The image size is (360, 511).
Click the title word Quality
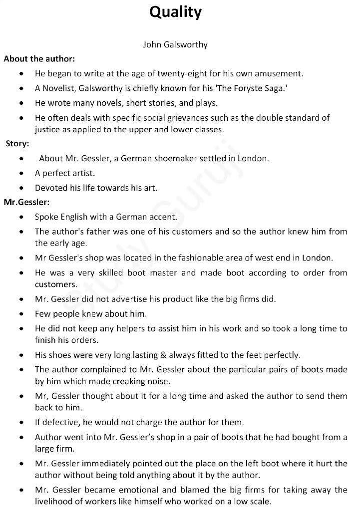175,12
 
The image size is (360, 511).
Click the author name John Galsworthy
175,44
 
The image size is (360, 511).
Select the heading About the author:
39,59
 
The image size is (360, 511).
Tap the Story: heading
17,144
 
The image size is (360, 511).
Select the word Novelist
58,88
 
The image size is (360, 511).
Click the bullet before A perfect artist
21,174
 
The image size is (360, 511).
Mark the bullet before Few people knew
21,314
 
